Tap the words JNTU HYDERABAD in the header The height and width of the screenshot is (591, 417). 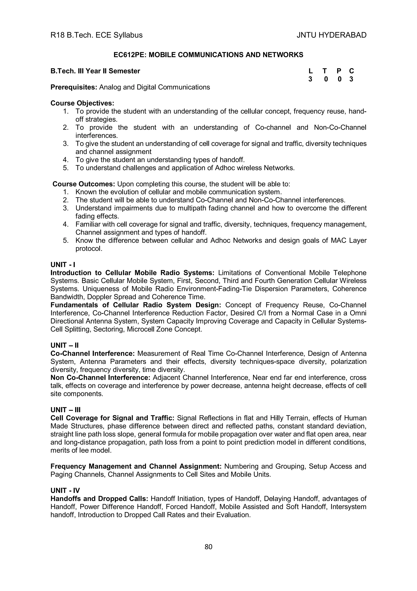pyautogui.click(x=331, y=35)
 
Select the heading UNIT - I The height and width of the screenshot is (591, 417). pyautogui.click(x=63, y=265)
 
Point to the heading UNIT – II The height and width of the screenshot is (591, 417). pyautogui.click(x=65, y=345)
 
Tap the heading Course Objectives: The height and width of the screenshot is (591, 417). pyautogui.click(x=82, y=103)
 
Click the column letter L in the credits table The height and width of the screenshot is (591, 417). pyautogui.click(x=310, y=71)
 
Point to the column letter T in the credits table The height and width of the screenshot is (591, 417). pyautogui.click(x=325, y=71)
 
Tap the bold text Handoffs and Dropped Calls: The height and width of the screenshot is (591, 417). pyautogui.click(x=99, y=499)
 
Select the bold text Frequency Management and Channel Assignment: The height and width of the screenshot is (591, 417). pyautogui.click(x=136, y=466)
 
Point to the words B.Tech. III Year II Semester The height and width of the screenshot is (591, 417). pyautogui.click(x=95, y=71)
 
